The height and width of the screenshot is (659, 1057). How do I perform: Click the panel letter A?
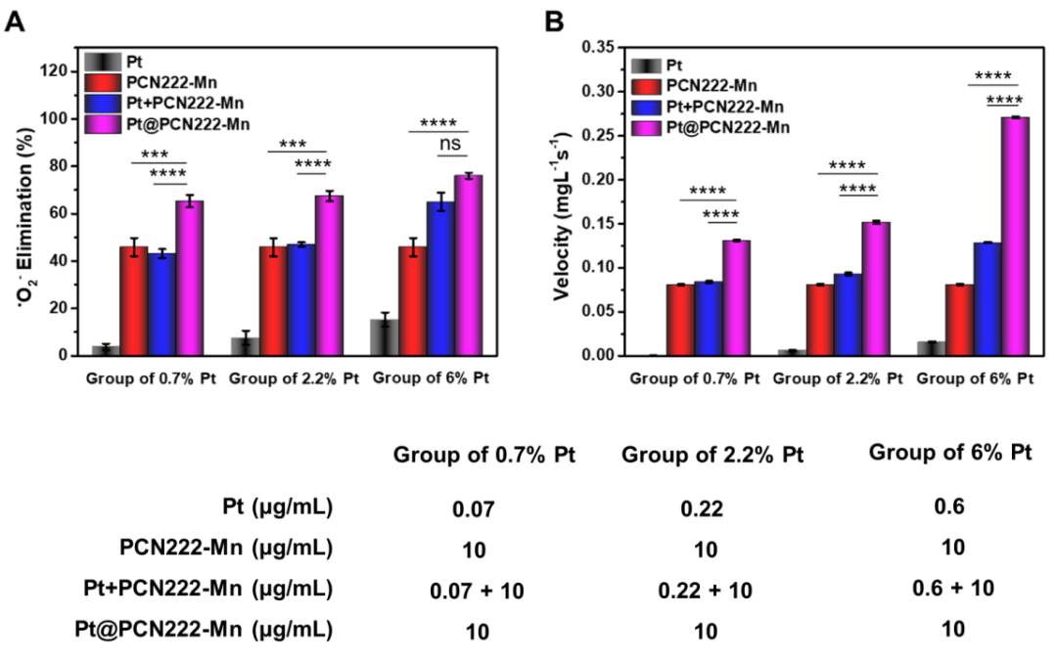pos(15,21)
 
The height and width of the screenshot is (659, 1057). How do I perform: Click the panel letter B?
pos(554,21)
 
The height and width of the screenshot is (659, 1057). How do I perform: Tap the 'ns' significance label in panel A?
pos(450,145)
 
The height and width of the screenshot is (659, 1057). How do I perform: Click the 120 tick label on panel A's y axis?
pos(55,71)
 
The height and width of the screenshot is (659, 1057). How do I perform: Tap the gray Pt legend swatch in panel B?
pos(645,66)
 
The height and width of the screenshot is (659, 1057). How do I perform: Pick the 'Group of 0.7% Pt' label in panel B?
pos(694,378)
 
